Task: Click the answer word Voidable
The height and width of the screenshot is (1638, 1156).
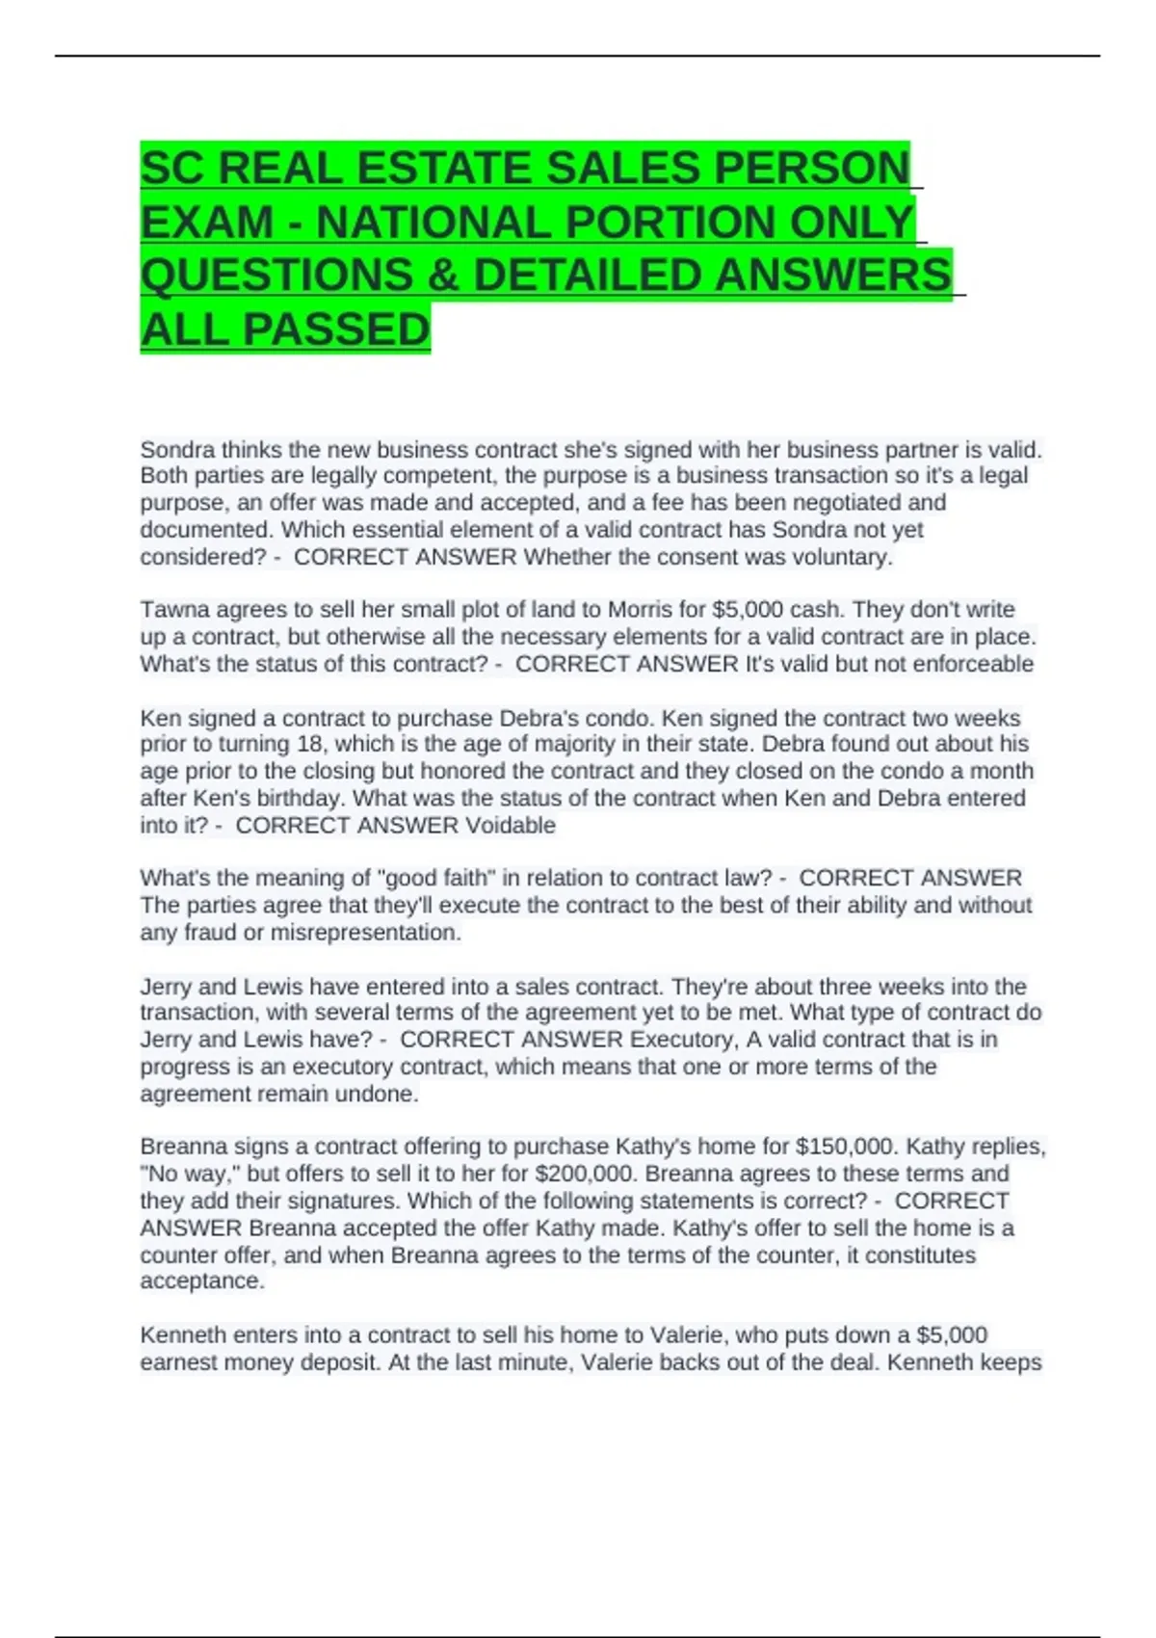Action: (511, 826)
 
